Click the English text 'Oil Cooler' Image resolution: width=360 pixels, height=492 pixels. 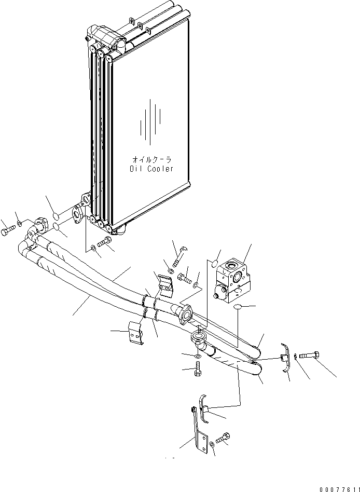coord(151,169)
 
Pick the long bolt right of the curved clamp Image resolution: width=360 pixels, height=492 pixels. coord(310,356)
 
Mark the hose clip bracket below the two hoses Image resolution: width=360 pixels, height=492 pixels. coord(136,332)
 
